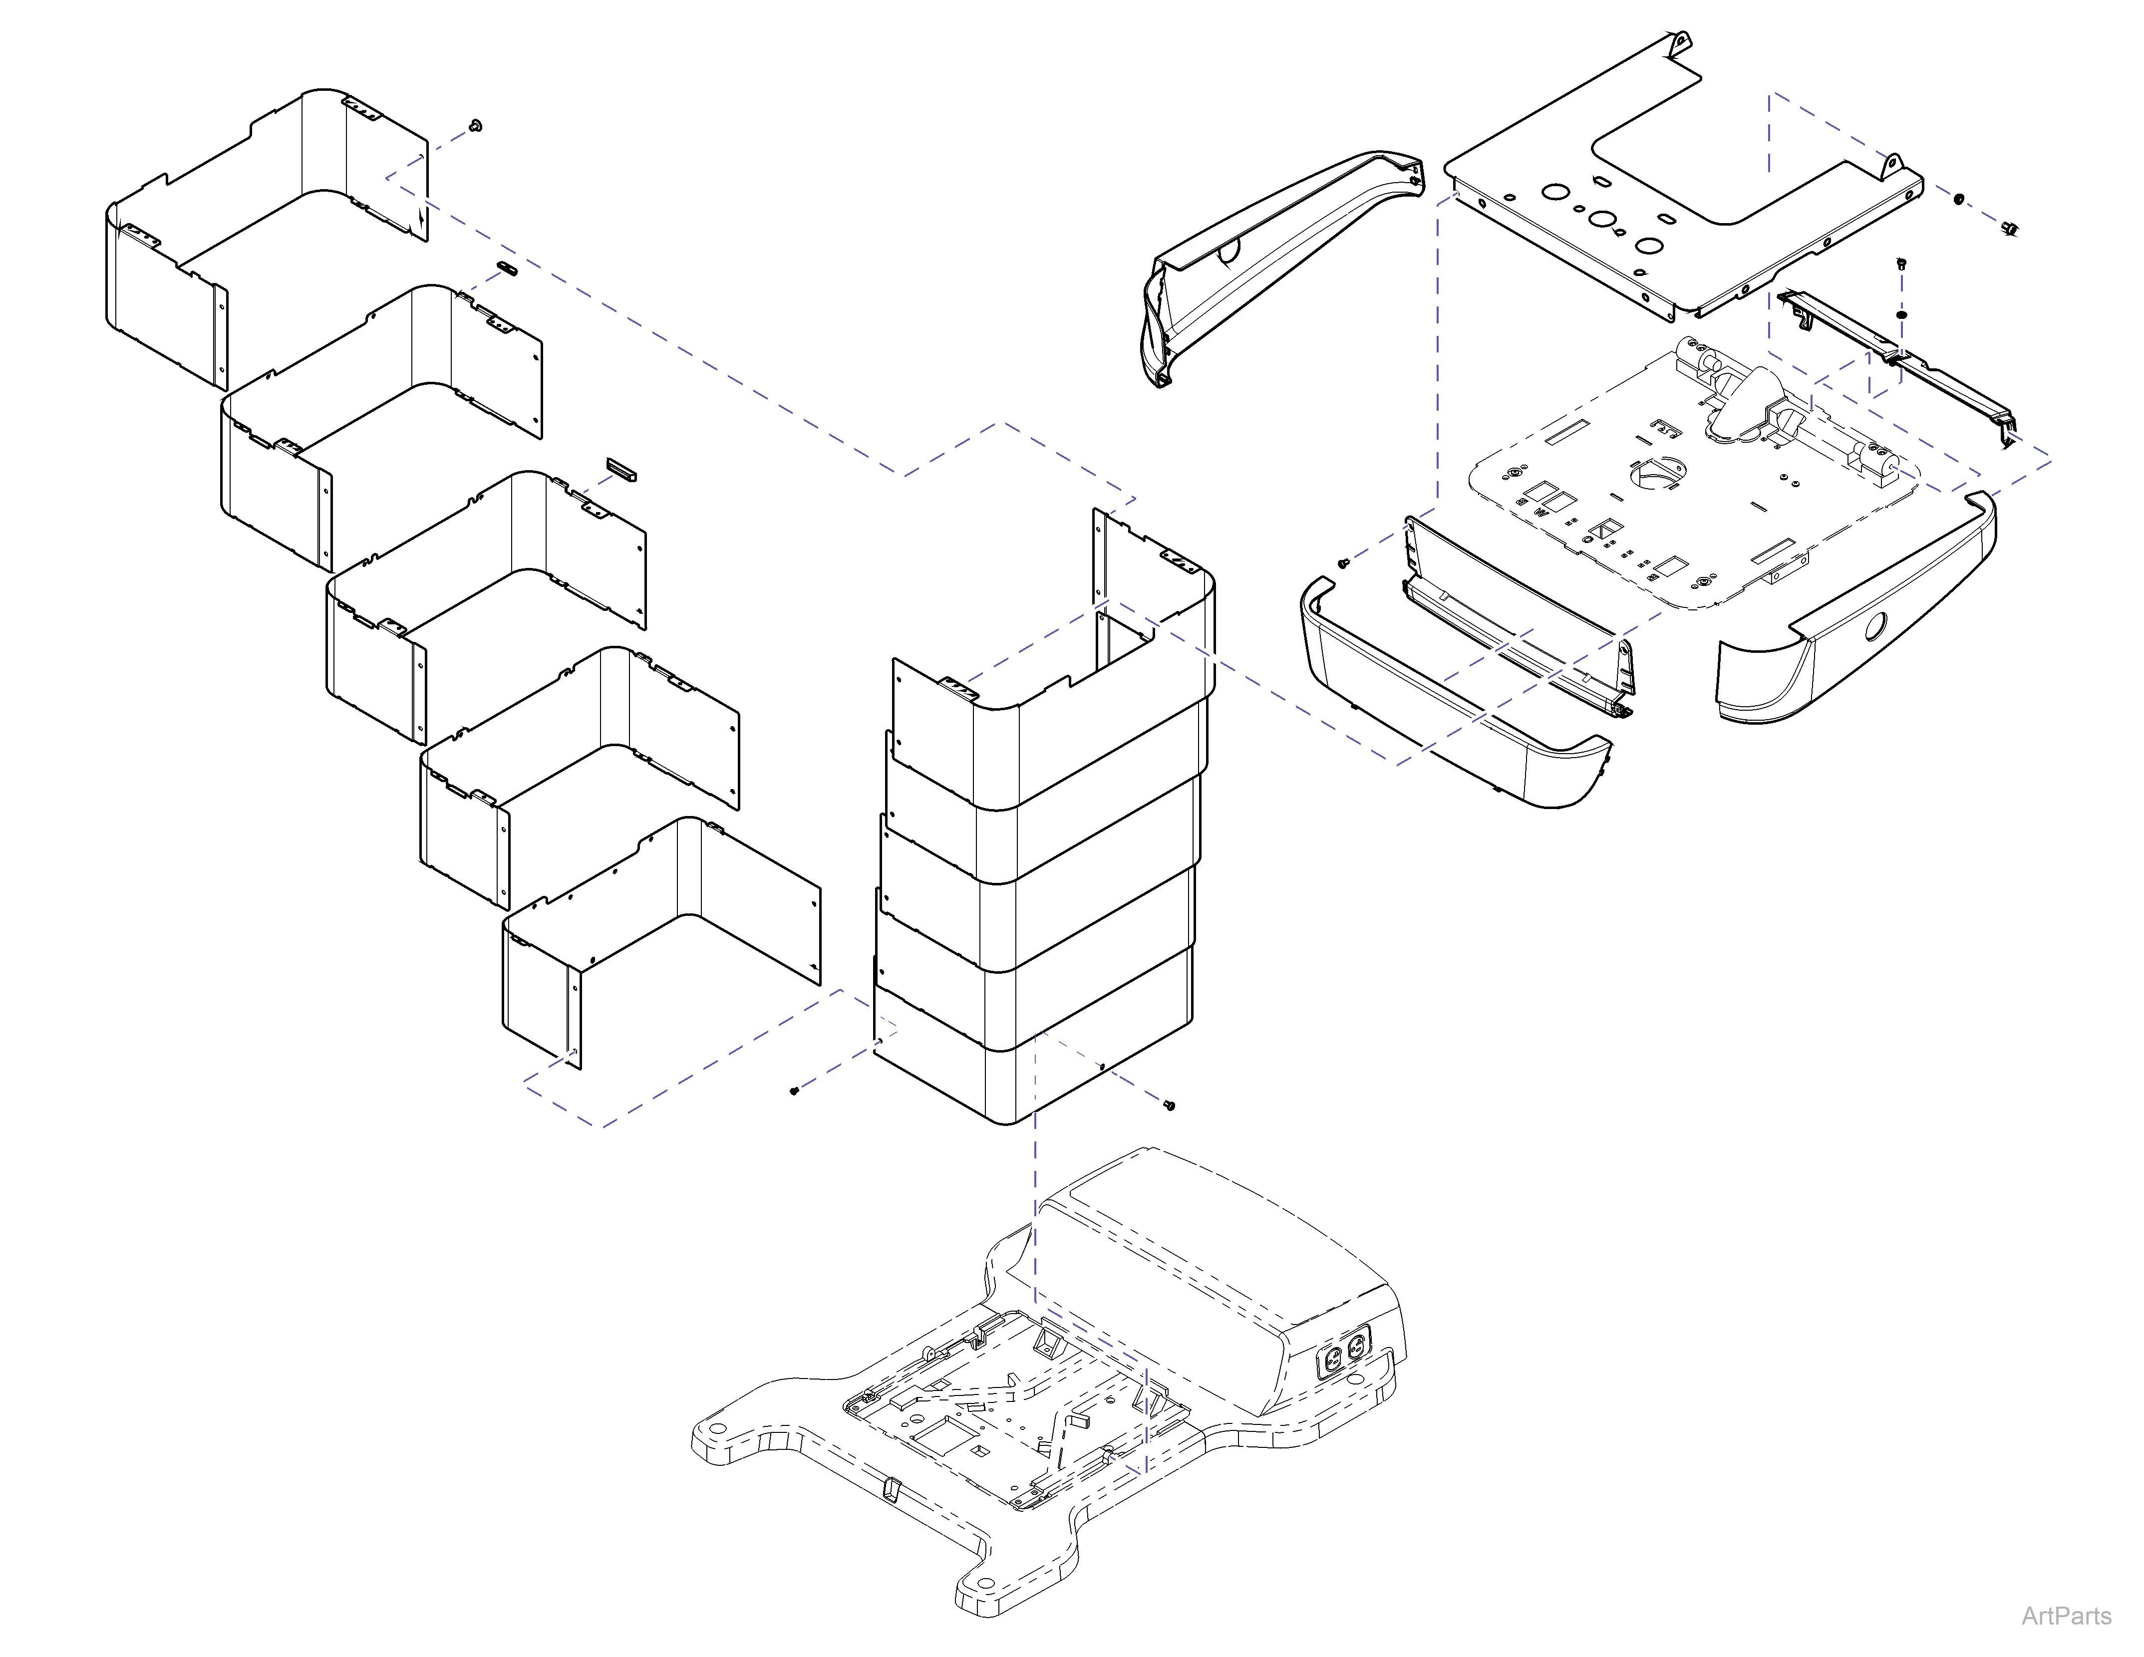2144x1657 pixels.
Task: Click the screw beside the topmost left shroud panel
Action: point(476,126)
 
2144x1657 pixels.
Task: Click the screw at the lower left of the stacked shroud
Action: point(794,1090)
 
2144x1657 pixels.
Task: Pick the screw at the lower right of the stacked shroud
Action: point(1168,1105)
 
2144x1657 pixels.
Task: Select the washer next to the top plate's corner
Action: point(1958,199)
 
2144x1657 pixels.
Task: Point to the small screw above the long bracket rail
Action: point(1900,263)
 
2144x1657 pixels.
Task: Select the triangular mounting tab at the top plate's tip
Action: point(1681,42)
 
